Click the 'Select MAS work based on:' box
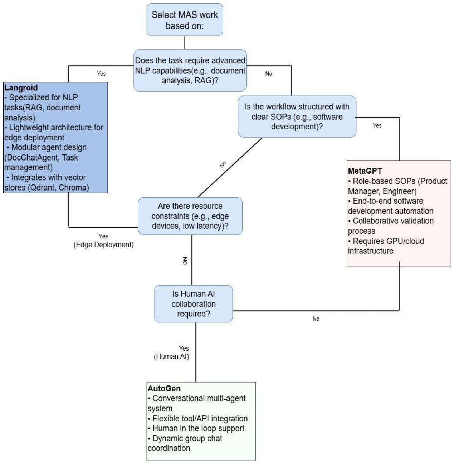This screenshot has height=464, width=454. click(185, 20)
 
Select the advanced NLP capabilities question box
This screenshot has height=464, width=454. click(190, 70)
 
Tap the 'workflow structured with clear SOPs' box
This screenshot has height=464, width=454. click(297, 117)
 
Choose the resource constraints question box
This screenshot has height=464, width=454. click(190, 216)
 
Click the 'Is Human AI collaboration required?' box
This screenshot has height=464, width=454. click(193, 304)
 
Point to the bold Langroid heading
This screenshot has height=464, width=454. click(21, 88)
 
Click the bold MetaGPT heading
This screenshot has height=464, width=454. click(365, 171)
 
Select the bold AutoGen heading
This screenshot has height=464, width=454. click(164, 389)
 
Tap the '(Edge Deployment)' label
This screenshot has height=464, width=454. click(103, 245)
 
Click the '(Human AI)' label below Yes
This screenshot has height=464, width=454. click(171, 356)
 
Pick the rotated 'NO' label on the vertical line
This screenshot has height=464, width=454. click(185, 261)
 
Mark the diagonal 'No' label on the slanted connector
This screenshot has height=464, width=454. click(223, 164)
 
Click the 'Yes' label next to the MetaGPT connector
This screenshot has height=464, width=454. click(377, 125)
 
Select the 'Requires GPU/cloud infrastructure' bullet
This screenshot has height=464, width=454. click(386, 246)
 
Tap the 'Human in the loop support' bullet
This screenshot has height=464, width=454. click(196, 429)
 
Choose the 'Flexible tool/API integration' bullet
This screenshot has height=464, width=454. click(197, 419)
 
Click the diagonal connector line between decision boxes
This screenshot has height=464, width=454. click(230, 167)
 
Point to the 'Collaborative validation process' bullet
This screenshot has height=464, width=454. click(391, 226)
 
